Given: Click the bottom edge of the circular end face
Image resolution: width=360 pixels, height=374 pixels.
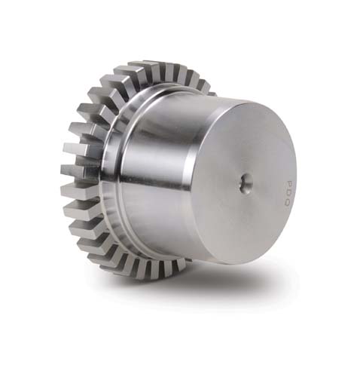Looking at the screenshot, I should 249,265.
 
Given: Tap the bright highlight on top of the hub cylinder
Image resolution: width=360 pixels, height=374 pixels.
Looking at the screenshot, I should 173,98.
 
